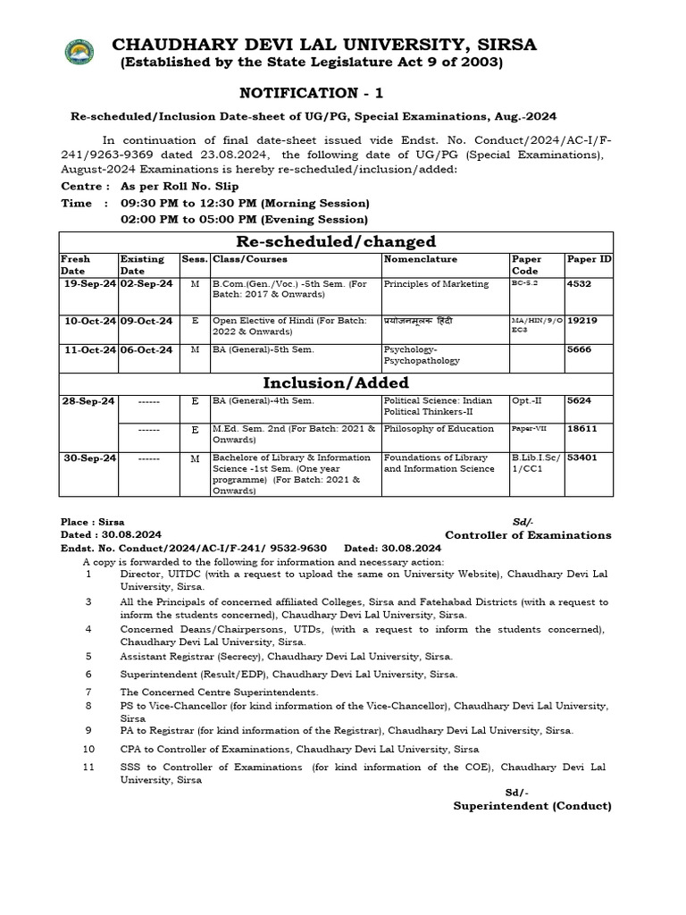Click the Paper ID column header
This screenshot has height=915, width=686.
(589, 259)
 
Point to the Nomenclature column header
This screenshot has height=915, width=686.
(420, 259)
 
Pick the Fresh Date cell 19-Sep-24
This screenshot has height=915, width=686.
(89, 284)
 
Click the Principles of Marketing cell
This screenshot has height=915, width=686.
(436, 284)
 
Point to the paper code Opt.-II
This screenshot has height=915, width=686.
(527, 402)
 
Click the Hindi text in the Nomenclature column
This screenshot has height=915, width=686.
(424, 321)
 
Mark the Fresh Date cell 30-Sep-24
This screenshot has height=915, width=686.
(89, 457)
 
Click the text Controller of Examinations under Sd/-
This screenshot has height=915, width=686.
(528, 535)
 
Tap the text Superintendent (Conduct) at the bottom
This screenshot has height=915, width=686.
(531, 805)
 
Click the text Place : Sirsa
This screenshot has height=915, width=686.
(92, 522)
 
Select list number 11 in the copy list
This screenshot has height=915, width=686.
(88, 767)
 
